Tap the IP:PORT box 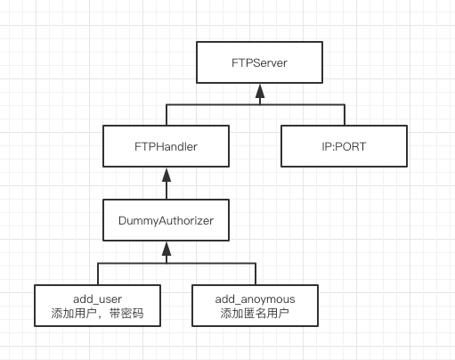click(x=343, y=144)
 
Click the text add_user click(x=98, y=298)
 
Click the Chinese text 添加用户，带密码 click(x=98, y=313)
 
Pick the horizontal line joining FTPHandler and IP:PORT click(x=257, y=104)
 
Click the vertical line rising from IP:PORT click(x=345, y=114)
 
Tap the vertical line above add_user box click(x=98, y=274)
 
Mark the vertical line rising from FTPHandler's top click(x=166, y=114)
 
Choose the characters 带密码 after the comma click(x=126, y=313)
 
